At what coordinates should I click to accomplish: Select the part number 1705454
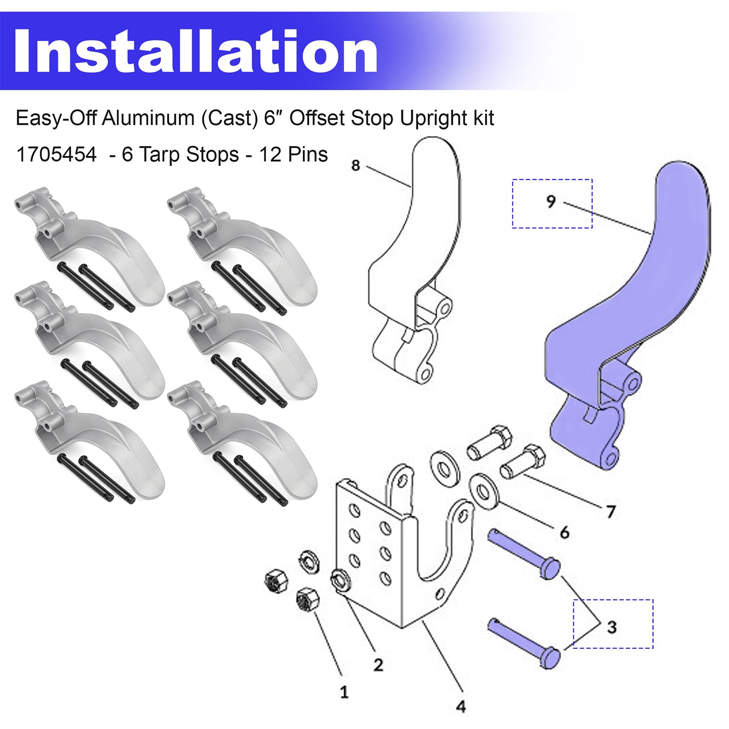(56, 155)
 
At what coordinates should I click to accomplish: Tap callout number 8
(356, 165)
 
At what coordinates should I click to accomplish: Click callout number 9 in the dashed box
(551, 201)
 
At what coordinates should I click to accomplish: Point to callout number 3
(612, 626)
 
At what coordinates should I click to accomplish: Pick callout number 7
(610, 511)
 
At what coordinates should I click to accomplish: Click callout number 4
(461, 706)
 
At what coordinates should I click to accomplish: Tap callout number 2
(378, 664)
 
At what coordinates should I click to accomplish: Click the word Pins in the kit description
(308, 155)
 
